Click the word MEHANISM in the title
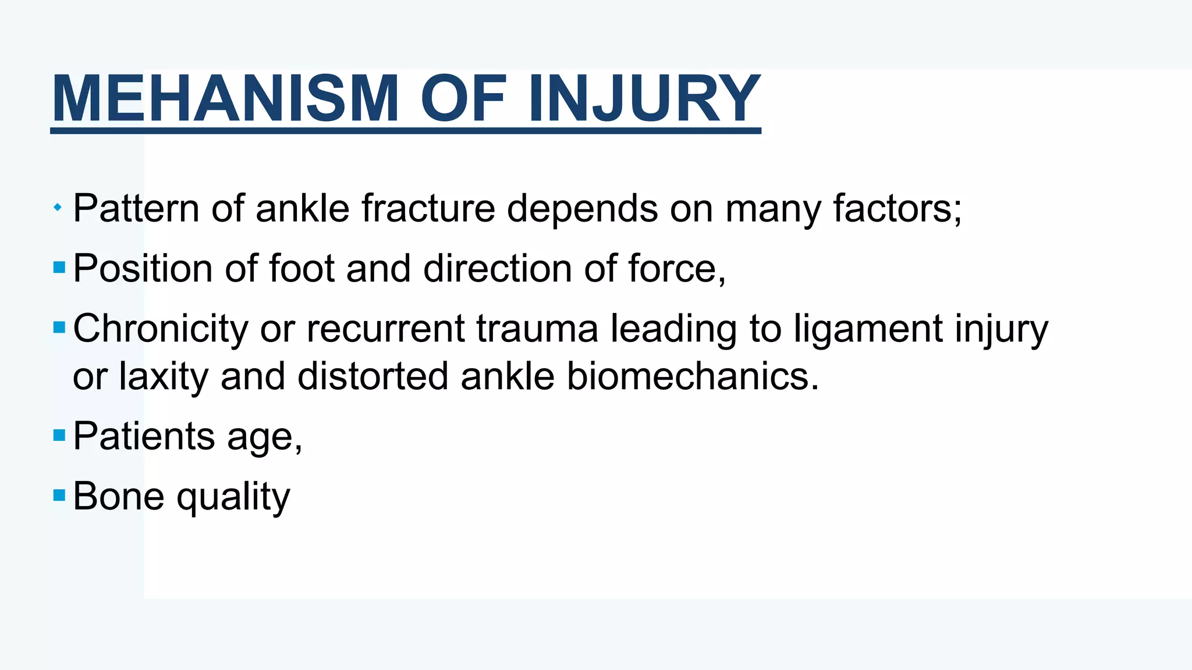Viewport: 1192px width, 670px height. (225, 99)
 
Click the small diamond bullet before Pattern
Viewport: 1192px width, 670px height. (57, 207)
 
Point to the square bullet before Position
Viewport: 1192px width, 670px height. (59, 268)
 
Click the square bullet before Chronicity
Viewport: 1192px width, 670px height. (59, 327)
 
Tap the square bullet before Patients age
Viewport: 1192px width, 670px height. (59, 435)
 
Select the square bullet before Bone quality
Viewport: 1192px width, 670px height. (59, 495)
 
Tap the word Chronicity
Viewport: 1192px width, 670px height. (161, 329)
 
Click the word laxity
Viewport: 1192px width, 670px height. (164, 377)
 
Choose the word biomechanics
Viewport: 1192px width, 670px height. (693, 377)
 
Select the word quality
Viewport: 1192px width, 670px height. (233, 497)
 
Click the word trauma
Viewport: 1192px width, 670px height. (537, 329)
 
